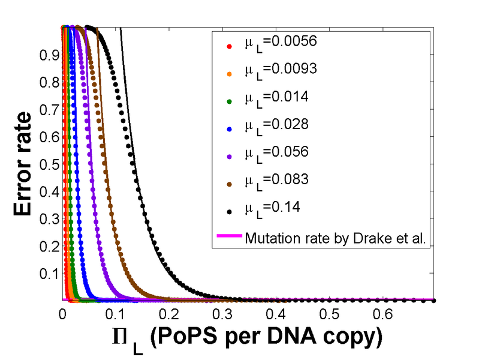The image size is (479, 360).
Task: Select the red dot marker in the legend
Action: click(x=228, y=45)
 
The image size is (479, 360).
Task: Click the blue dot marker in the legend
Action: click(x=228, y=127)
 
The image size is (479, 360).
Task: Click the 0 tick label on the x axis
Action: click(x=62, y=314)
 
